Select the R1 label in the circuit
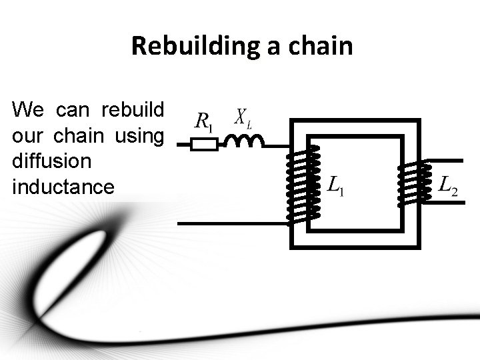[203, 121]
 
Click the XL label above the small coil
[243, 117]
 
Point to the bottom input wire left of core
[233, 223]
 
